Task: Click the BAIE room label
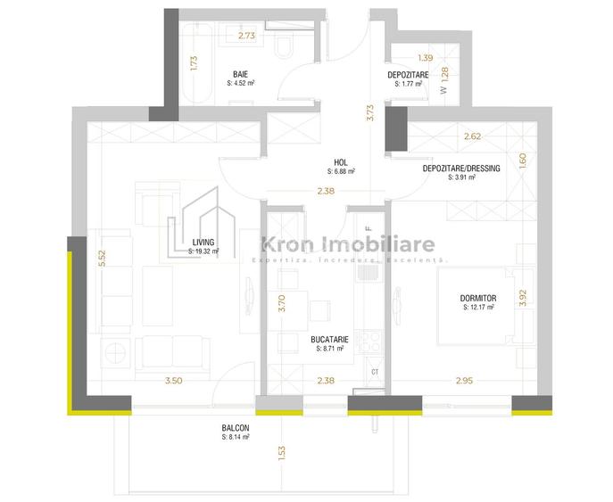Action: pos(241,74)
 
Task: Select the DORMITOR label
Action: pos(479,298)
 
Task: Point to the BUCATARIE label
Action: pos(330,340)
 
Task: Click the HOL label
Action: pos(342,162)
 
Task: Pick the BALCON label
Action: pos(235,428)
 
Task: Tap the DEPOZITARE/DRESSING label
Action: pos(461,169)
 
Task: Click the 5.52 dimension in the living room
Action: pos(103,258)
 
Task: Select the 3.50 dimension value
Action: pos(173,382)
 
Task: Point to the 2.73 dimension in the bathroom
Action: pos(246,36)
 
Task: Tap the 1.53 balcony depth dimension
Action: pos(281,452)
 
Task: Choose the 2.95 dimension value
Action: pos(463,382)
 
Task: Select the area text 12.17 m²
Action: pos(479,308)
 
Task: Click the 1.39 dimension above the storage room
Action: pos(425,56)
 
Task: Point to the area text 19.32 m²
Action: pos(204,251)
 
